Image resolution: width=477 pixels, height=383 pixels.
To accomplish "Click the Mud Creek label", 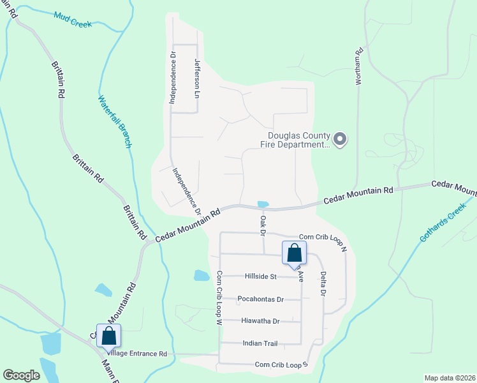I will click(73, 19).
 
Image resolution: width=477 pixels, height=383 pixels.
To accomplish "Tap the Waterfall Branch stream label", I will click(115, 121).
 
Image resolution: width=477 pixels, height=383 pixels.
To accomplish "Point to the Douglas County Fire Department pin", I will click(340, 139).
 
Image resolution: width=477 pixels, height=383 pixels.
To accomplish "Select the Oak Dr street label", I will click(262, 225).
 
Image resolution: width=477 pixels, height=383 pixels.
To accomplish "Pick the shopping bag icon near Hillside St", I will click(294, 253).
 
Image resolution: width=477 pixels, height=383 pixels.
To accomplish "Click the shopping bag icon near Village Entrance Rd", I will click(108, 335).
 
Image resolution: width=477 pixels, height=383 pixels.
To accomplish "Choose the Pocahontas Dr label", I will click(260, 299).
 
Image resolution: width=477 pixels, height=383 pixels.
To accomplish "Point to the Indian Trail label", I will click(260, 343).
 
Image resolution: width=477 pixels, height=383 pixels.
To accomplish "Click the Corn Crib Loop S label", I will click(281, 364).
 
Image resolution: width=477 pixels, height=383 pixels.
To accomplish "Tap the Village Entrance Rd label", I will click(137, 353).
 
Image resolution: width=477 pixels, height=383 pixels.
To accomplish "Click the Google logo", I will click(22, 375).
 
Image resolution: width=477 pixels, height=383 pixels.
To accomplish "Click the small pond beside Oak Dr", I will click(263, 204).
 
